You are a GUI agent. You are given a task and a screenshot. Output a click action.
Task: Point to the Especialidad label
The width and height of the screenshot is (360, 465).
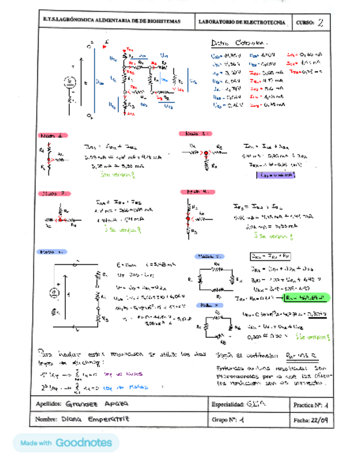pos(227,404)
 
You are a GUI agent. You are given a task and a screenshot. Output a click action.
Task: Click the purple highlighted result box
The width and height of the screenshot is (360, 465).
pos(275,175)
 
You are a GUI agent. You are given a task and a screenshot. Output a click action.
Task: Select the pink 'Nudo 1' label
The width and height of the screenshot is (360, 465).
pos(53,135)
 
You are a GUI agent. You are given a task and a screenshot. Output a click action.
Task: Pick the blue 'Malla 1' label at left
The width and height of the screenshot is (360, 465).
pos(51,252)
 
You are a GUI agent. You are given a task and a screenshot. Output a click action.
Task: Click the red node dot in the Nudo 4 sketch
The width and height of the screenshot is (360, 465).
pos(188,218)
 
